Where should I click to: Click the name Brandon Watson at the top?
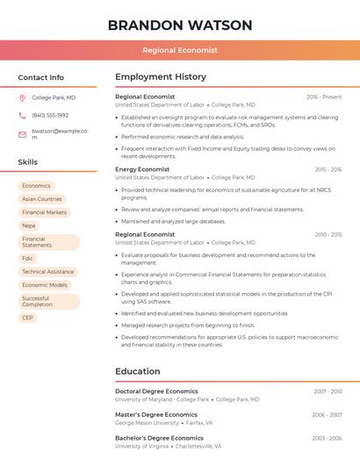[x=180, y=25]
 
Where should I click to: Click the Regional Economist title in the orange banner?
[x=180, y=51]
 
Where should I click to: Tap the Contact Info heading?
[x=41, y=77]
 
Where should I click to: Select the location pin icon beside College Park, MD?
[x=22, y=97]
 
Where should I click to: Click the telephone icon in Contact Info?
[x=22, y=115]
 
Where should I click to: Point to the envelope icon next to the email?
[x=22, y=134]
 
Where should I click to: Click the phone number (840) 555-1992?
[x=50, y=115]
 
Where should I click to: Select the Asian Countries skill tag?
[x=42, y=199]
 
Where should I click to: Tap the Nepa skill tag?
[x=29, y=225]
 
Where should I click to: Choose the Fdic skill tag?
[x=28, y=259]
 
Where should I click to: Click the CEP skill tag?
[x=27, y=318]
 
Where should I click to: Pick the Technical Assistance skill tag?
[x=47, y=272]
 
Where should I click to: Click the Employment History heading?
[x=161, y=77]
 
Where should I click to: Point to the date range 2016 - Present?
[x=324, y=97]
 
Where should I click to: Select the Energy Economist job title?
[x=142, y=169]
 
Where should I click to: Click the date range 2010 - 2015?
[x=328, y=235]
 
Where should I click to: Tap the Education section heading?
[x=138, y=371]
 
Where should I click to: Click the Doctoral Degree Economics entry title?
[x=156, y=391]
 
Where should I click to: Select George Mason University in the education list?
[x=147, y=423]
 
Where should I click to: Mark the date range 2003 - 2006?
[x=327, y=438]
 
